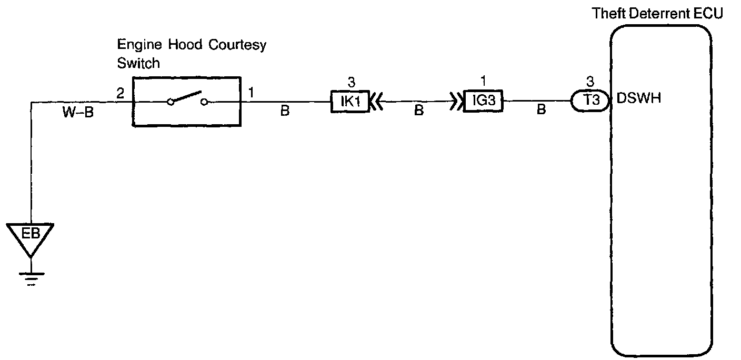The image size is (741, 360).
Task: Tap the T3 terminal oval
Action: coord(590,102)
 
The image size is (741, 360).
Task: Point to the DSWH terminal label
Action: coord(638,98)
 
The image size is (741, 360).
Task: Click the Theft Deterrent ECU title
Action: coord(657,14)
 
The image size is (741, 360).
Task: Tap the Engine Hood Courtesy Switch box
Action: coord(186,102)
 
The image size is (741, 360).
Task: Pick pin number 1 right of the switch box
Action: coord(251,93)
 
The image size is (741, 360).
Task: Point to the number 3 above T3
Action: coord(590,82)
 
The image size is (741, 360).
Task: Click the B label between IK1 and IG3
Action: coord(418,112)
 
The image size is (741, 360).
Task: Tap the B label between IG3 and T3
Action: coord(540,112)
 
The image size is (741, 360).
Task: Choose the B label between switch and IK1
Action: coord(285,112)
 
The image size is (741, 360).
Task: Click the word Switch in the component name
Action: coord(138,63)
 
